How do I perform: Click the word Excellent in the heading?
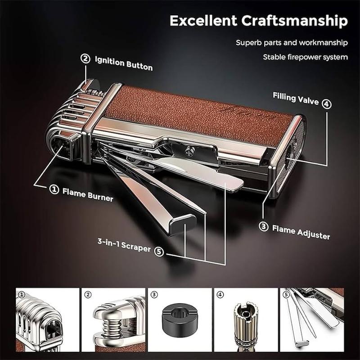[203, 21]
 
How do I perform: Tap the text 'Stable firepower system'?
[306, 57]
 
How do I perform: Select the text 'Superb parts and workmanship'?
[292, 43]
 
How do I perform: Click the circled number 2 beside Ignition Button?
[85, 58]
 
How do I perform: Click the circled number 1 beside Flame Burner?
[54, 189]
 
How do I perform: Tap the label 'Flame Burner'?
[88, 195]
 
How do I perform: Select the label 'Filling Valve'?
[296, 99]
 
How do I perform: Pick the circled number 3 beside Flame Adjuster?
[264, 227]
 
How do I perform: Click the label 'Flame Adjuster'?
[301, 232]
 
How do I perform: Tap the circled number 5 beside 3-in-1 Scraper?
[159, 252]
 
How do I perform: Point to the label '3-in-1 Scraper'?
[124, 245]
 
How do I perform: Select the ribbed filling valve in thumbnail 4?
[245, 323]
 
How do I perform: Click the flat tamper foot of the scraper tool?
[183, 223]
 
